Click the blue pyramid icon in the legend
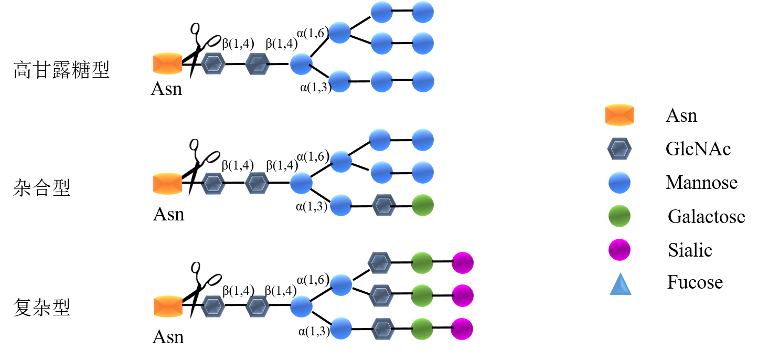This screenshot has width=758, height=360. (x=620, y=284)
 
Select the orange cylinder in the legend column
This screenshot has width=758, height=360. (x=620, y=115)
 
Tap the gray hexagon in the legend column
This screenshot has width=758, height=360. (x=620, y=149)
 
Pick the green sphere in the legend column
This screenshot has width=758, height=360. (x=620, y=216)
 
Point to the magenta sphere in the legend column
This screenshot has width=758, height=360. (x=620, y=250)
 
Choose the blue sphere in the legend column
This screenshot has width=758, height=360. (x=620, y=183)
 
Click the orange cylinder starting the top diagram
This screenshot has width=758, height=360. (x=168, y=63)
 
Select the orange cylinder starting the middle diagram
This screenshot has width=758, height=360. (x=168, y=184)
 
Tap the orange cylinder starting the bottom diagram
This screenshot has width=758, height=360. (x=168, y=306)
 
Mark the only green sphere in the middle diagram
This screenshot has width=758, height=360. (x=423, y=205)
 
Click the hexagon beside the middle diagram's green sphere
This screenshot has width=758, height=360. (x=383, y=205)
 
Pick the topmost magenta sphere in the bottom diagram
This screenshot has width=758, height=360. (x=463, y=263)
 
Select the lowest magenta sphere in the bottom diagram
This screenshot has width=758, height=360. (x=462, y=329)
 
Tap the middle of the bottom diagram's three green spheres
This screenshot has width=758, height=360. (x=422, y=296)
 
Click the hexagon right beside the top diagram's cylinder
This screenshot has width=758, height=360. (x=213, y=63)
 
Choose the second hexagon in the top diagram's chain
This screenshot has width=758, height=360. (x=257, y=64)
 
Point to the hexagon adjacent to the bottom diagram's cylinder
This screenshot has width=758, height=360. (x=213, y=306)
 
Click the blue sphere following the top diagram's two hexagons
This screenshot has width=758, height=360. (x=301, y=64)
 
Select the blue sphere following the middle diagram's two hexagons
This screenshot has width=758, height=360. (x=301, y=183)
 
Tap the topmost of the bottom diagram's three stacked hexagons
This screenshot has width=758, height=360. (x=379, y=263)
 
